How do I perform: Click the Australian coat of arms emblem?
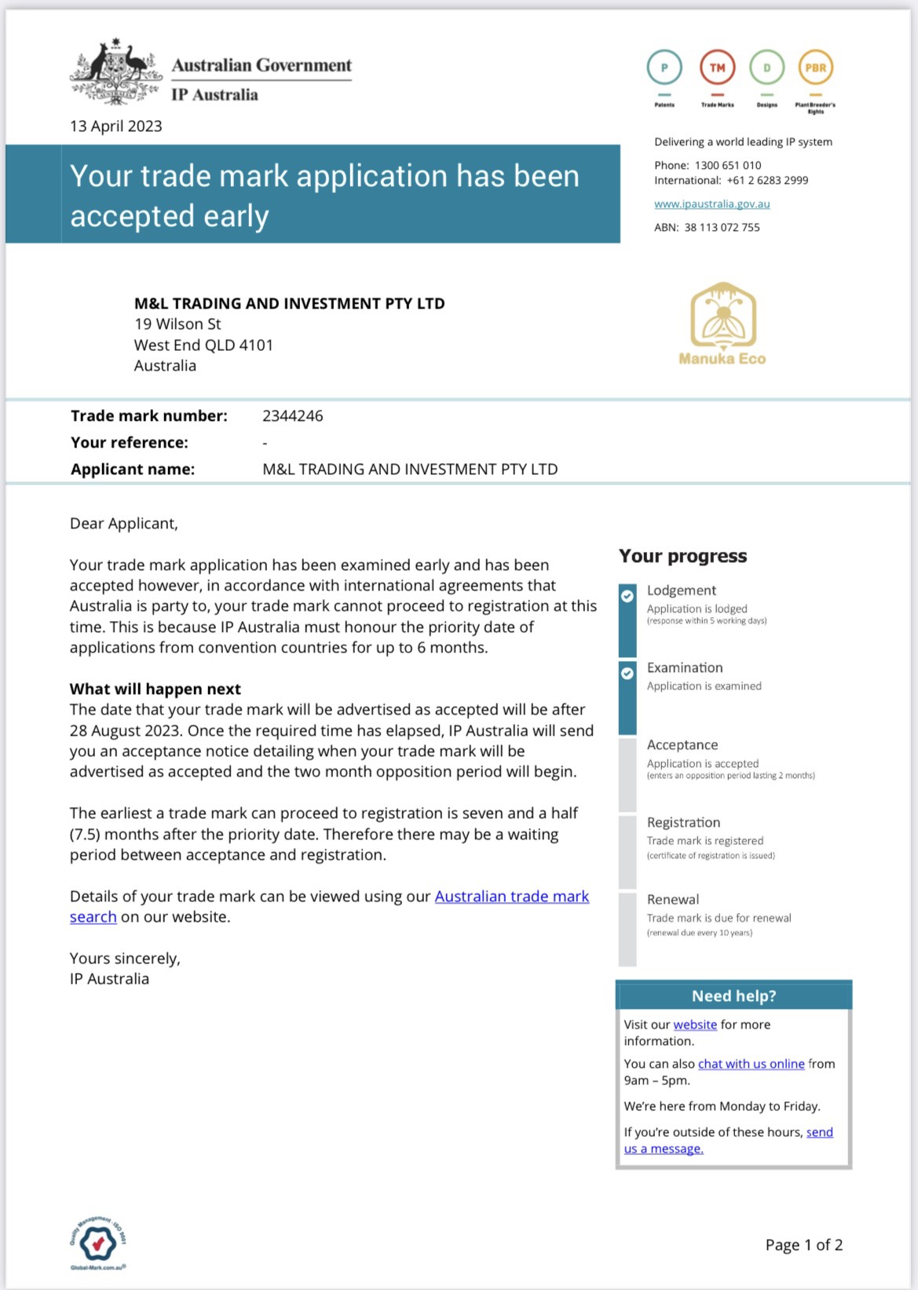click(116, 72)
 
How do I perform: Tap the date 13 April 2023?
click(116, 126)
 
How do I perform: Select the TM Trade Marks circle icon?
click(717, 68)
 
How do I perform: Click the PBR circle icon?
click(815, 68)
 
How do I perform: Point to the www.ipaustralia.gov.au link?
click(711, 204)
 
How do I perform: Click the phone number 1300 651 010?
click(728, 166)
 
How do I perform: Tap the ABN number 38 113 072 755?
click(722, 228)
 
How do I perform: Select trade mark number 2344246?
click(292, 416)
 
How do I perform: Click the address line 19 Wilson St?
click(177, 324)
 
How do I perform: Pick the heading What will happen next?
click(155, 689)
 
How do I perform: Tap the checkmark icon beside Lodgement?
click(627, 596)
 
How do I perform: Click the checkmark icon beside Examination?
click(627, 673)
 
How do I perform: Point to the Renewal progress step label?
click(673, 900)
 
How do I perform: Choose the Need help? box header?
click(733, 996)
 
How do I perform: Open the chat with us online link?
click(751, 1064)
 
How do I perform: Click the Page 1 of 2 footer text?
click(803, 1245)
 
